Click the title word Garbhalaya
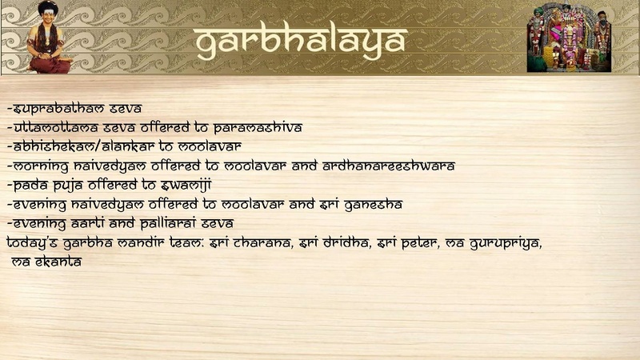tap(302, 42)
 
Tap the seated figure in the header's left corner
tap(49, 37)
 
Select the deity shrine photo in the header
tap(569, 38)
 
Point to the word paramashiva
tap(258, 128)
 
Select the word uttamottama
tap(55, 128)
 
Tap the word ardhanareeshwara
tap(389, 166)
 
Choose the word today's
tap(32, 243)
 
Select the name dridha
tap(345, 243)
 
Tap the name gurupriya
tap(506, 244)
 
